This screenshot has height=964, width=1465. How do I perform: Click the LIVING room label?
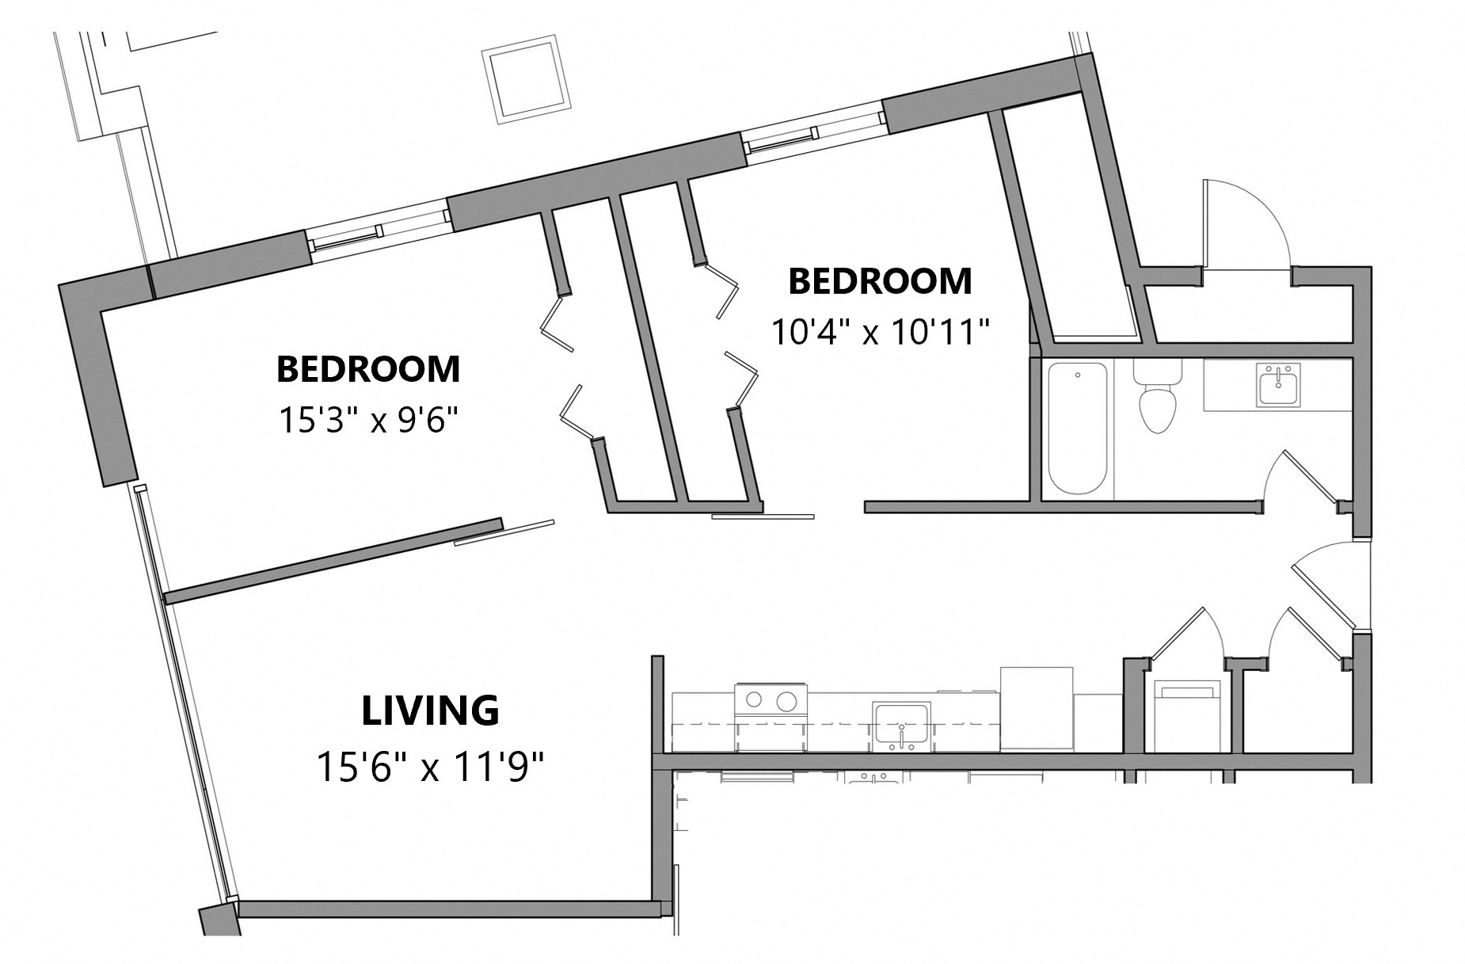(x=430, y=710)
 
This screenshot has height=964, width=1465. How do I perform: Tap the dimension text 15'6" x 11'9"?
(x=430, y=767)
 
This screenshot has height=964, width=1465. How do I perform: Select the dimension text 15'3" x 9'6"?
(x=369, y=420)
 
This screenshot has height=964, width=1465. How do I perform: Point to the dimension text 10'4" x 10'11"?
(x=881, y=333)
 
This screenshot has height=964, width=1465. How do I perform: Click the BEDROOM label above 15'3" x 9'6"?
(x=368, y=369)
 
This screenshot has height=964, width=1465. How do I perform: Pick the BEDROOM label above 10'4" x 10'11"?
(x=881, y=281)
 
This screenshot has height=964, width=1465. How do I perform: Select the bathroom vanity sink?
(x=1278, y=386)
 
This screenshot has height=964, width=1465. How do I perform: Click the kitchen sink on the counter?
(x=901, y=725)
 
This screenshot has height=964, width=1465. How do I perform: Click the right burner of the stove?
(x=786, y=700)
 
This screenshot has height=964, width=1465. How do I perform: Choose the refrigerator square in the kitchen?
(x=1037, y=707)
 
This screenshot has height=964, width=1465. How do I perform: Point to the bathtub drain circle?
(x=1078, y=375)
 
